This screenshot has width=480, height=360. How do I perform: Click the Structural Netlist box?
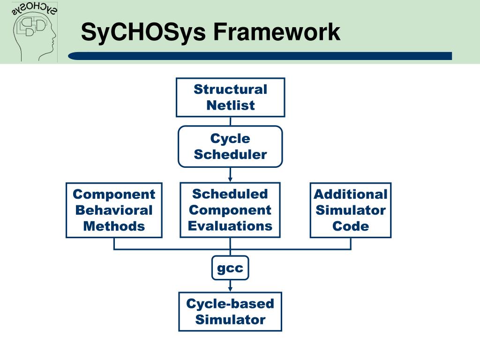230,97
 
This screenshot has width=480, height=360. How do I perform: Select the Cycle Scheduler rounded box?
230,146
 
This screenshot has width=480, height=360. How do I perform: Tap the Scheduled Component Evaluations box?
230,210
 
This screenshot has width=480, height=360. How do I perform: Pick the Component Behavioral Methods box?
114,210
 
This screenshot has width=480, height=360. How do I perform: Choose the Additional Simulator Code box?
351,210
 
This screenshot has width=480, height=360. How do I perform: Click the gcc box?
230,268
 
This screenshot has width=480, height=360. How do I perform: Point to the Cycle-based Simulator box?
230,311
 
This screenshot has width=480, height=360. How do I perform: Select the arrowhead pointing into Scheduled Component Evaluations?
230,179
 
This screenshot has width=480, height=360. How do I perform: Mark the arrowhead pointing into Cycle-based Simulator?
230,289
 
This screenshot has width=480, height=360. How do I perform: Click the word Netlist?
230,105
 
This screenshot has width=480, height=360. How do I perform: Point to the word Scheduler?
230,154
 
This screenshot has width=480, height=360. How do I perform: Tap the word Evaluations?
230,226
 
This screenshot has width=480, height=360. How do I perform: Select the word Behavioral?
114,210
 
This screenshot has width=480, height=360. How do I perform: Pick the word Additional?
351,194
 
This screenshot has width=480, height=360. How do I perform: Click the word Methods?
114,226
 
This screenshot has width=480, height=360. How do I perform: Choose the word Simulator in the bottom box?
230,320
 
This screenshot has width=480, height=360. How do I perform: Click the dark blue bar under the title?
260,56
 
